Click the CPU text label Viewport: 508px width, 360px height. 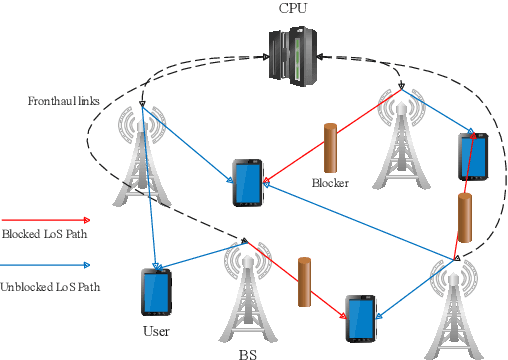tap(294, 9)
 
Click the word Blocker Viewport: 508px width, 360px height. tap(330, 183)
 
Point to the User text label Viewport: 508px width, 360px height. tap(156, 331)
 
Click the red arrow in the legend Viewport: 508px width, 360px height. tap(45, 219)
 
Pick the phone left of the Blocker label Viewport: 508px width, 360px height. tap(246, 182)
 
